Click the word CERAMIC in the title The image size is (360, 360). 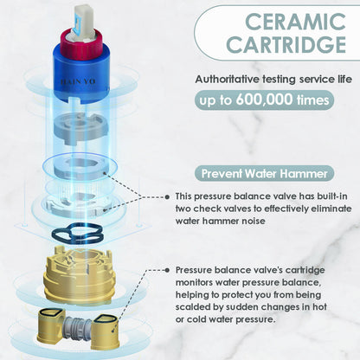[295, 22]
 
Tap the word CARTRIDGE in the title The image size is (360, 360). [286, 44]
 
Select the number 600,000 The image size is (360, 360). [264, 100]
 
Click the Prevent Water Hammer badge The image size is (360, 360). [264, 174]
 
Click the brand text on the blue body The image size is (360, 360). [78, 82]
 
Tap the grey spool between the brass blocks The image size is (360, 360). [78, 328]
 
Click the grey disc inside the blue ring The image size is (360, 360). [80, 168]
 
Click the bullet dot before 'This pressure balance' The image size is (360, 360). [167, 196]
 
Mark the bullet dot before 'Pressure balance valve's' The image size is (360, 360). [167, 270]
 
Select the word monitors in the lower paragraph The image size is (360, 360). [194, 282]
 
